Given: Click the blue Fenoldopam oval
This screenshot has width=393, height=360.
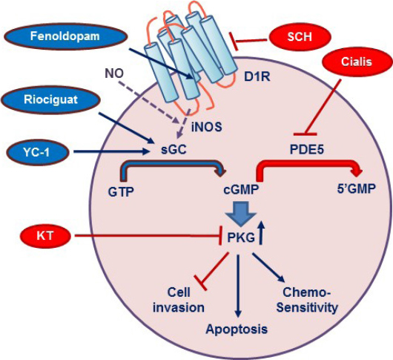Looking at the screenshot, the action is click(x=65, y=36).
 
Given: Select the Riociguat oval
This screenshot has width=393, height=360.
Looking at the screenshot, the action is click(x=51, y=100).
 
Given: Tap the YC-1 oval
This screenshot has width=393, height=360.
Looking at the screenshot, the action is click(x=37, y=152).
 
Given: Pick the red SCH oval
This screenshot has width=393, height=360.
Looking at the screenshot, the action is click(x=300, y=37).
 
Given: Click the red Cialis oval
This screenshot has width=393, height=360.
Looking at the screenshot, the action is click(x=357, y=62).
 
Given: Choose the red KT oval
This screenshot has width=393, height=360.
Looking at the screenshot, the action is click(x=45, y=236).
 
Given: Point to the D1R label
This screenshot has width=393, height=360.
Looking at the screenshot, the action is click(x=257, y=77).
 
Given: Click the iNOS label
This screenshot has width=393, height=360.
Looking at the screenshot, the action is click(x=207, y=127).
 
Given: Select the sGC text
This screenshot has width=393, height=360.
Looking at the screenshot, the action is click(x=174, y=150).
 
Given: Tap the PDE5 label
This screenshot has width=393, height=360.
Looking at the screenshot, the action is click(x=307, y=150).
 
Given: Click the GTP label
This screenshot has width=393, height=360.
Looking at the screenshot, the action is click(x=121, y=192).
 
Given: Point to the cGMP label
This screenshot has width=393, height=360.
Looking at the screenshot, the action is click(x=241, y=190).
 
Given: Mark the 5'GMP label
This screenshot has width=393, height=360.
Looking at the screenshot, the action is click(x=357, y=189).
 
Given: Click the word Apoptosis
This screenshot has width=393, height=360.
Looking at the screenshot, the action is click(x=237, y=329).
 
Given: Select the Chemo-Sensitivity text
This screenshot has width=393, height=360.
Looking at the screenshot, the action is click(x=307, y=300).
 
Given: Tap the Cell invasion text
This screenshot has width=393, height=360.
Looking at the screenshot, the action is click(x=179, y=300).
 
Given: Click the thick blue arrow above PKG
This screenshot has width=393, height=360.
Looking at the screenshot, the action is click(x=240, y=214).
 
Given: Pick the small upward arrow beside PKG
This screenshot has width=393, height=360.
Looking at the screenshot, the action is click(x=262, y=232).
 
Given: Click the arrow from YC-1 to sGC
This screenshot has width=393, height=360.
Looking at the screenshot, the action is click(x=110, y=151).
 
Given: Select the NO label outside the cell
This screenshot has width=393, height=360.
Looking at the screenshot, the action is click(x=114, y=73).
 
